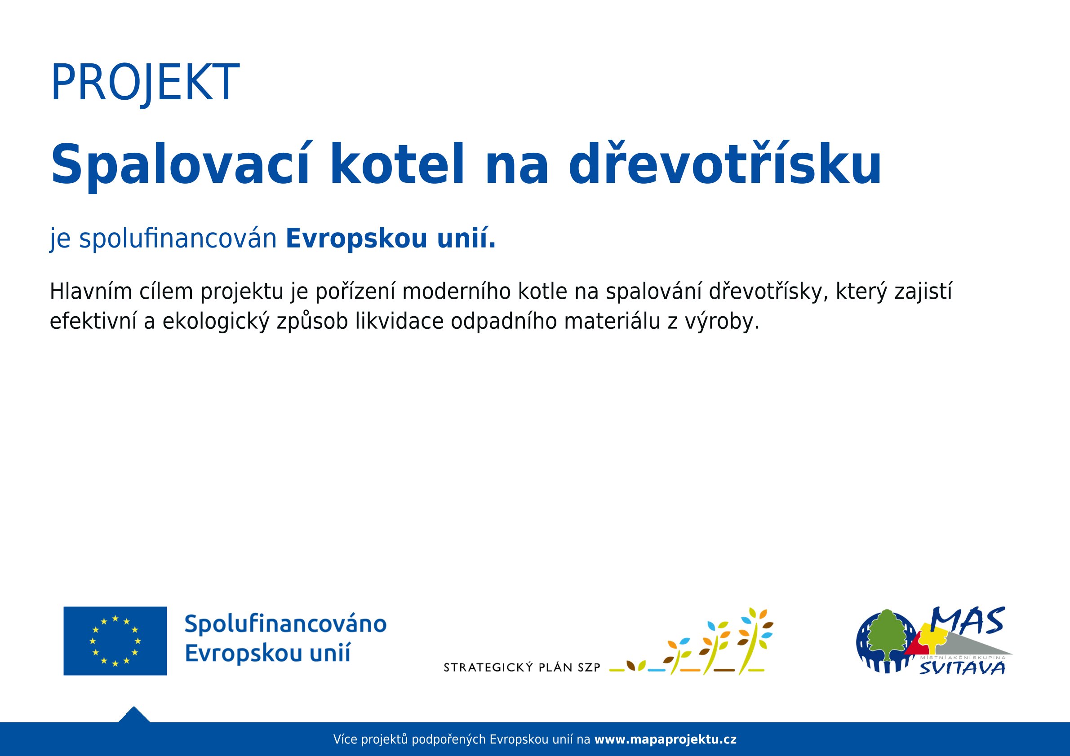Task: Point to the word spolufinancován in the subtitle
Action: tap(178, 239)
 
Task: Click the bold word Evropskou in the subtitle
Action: tap(356, 239)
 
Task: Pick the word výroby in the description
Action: tap(721, 322)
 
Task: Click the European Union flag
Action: tap(115, 641)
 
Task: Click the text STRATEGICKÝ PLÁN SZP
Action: tap(522, 668)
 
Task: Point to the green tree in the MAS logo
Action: tap(887, 635)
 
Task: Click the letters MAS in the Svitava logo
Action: tap(968, 621)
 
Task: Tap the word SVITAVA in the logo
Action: tap(962, 668)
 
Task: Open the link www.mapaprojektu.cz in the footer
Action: tap(666, 739)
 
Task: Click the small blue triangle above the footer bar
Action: tap(134, 715)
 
